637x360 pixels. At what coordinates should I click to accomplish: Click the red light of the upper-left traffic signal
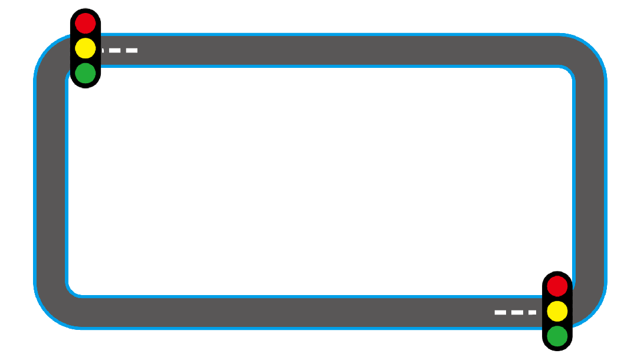pyautogui.click(x=86, y=23)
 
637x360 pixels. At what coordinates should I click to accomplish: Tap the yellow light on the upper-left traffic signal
pyautogui.click(x=86, y=48)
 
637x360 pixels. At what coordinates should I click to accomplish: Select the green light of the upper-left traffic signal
pyautogui.click(x=86, y=73)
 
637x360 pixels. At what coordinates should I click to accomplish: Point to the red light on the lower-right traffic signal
pyautogui.click(x=557, y=286)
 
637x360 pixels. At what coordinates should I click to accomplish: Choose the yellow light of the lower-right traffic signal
pyautogui.click(x=557, y=311)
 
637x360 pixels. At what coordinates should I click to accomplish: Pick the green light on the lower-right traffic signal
pyautogui.click(x=557, y=336)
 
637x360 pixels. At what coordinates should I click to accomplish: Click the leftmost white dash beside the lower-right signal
pyautogui.click(x=500, y=312)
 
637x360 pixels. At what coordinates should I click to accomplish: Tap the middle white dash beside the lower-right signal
pyautogui.click(x=517, y=312)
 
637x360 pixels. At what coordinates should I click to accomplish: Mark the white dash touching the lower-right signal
pyautogui.click(x=533, y=312)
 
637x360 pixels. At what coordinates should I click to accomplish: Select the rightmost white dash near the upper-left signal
pyautogui.click(x=132, y=51)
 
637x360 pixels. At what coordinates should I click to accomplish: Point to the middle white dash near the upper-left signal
pyautogui.click(x=114, y=51)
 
